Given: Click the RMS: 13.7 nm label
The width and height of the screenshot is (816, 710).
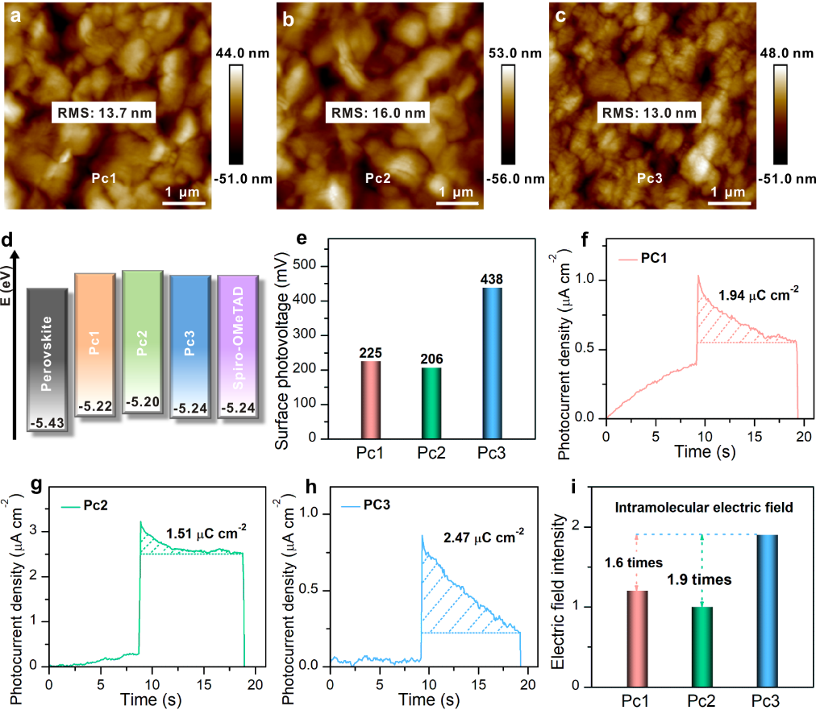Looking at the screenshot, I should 103,111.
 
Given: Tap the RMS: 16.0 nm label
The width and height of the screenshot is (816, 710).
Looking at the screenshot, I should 377,111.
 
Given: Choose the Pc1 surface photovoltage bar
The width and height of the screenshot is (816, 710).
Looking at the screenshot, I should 370,400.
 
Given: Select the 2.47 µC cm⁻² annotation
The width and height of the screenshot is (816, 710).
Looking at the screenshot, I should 481,533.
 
